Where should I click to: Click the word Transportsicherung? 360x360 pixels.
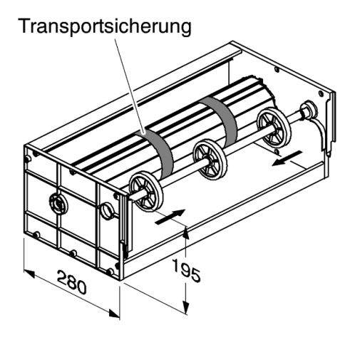(106, 26)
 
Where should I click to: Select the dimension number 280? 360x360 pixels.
(71, 282)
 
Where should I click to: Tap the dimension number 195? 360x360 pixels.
(187, 270)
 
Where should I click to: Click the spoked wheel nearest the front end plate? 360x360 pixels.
(146, 192)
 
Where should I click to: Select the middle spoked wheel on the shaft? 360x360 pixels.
(210, 160)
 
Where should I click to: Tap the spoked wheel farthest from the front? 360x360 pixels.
(274, 128)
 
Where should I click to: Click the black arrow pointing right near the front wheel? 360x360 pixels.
(170, 217)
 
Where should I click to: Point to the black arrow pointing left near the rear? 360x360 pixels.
(287, 158)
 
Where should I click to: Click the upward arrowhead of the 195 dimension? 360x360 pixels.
(186, 232)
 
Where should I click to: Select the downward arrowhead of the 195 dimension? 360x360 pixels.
(186, 308)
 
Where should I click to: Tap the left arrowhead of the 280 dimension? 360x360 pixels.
(29, 274)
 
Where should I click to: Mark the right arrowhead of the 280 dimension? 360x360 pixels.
(114, 314)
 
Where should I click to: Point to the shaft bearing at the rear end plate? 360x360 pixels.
(308, 109)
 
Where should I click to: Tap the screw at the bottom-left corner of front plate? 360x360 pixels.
(36, 235)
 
